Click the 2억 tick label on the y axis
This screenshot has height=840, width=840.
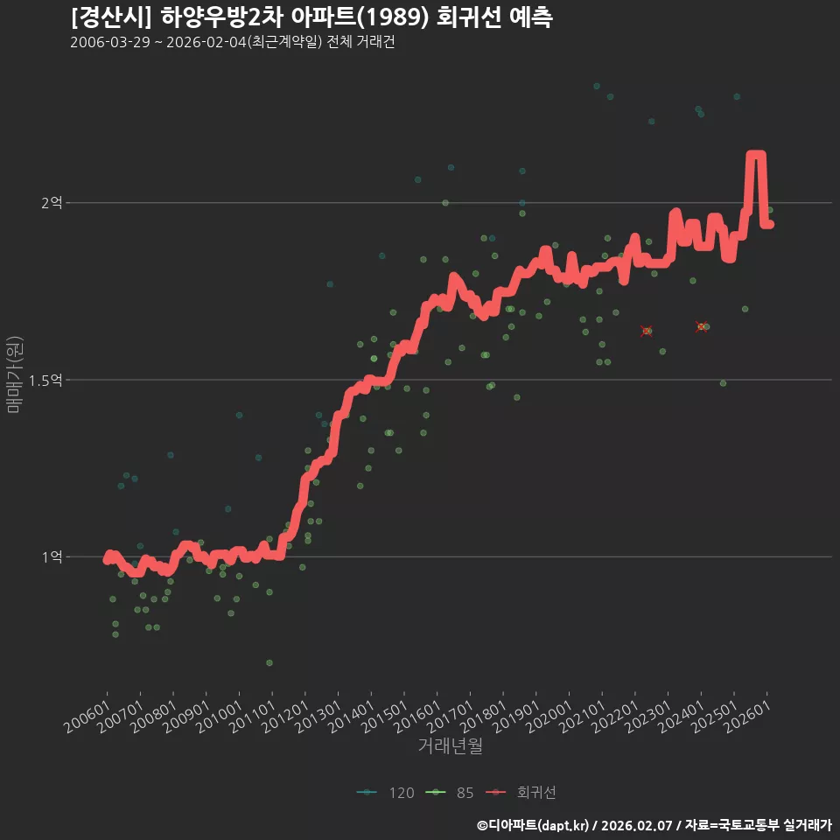click(52, 202)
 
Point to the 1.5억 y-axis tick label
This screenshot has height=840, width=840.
click(45, 381)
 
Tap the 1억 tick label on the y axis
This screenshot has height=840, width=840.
click(52, 557)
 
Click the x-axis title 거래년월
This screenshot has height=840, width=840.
click(450, 745)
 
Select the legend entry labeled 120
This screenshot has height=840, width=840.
click(386, 793)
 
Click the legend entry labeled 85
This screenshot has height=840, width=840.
click(450, 793)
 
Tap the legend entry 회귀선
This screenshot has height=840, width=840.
click(521, 793)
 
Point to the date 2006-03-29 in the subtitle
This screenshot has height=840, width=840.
click(110, 42)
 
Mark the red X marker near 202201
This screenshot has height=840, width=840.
click(647, 332)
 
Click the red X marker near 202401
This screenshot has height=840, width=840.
click(701, 326)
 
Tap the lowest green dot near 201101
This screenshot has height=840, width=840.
click(269, 662)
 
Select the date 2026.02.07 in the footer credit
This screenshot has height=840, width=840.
click(636, 825)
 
